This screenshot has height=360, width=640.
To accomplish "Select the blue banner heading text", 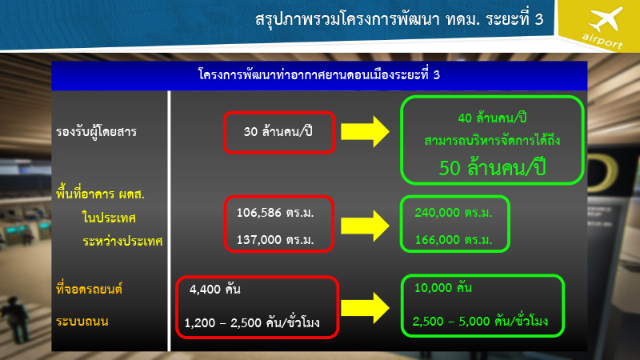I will click(318, 75).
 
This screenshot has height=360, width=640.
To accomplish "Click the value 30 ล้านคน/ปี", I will click(277, 130).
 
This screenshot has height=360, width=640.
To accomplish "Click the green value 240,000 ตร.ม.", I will click(453, 213).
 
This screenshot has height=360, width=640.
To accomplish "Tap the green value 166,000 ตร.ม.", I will click(453, 239).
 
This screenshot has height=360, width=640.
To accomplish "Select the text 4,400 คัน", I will click(215, 288).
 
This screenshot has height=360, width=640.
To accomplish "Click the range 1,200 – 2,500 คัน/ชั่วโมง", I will click(251, 322).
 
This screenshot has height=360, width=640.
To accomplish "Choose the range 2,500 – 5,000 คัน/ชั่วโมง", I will click(482, 322).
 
